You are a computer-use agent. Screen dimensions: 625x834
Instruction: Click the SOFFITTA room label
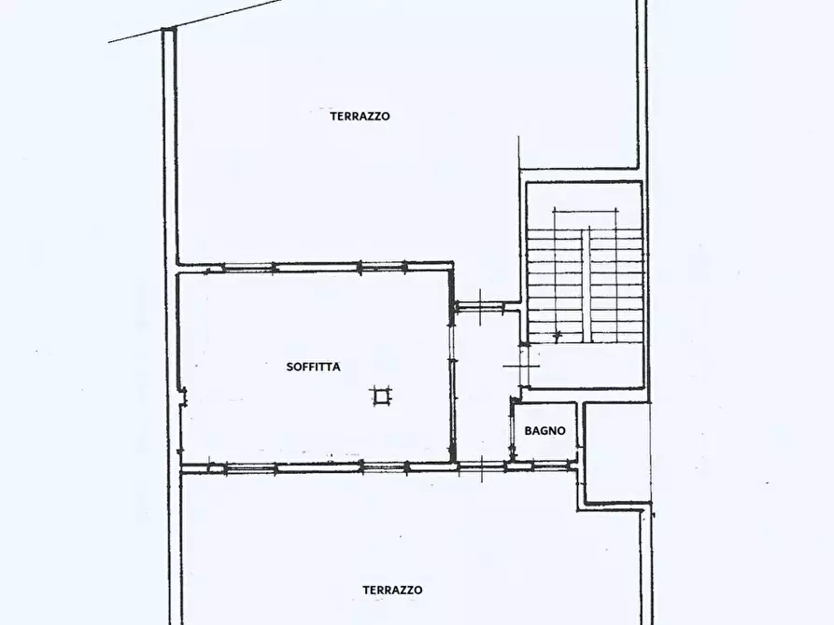pos(313,367)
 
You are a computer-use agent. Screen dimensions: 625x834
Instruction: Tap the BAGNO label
pos(544,431)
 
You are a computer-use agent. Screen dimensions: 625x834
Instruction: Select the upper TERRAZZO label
pos(360,117)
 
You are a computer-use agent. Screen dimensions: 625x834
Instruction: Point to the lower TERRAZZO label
pos(392,590)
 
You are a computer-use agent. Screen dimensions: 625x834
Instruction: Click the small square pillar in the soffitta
pos(380,396)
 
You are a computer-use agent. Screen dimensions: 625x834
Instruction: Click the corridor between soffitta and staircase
pos(484,382)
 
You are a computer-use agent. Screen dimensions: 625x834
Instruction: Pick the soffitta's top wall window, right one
pos(383,267)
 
